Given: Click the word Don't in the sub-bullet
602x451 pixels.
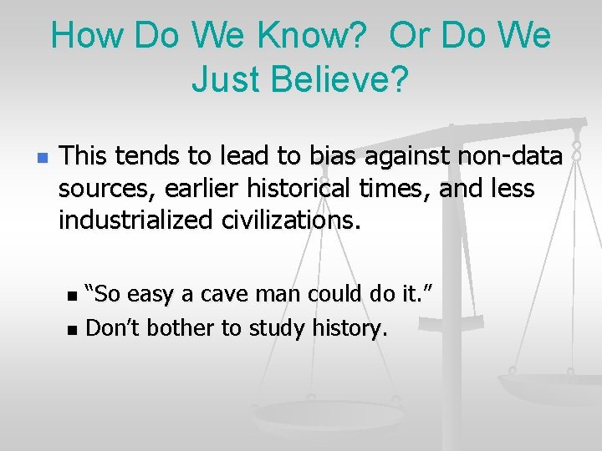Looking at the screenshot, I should click(113, 327).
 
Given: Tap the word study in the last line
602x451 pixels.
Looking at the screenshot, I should click(278, 327).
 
